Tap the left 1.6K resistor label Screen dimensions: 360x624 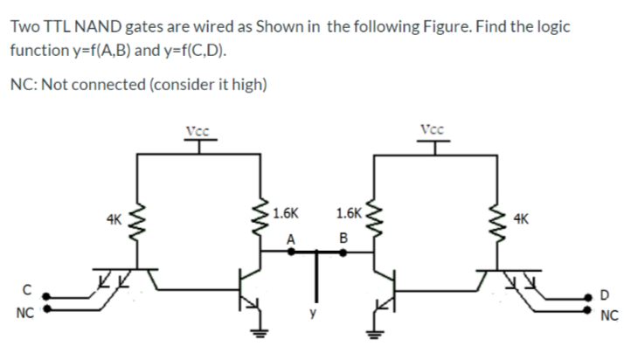pos(286,212)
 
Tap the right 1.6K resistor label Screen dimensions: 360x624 pos(348,212)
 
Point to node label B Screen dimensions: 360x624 pos(343,238)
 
